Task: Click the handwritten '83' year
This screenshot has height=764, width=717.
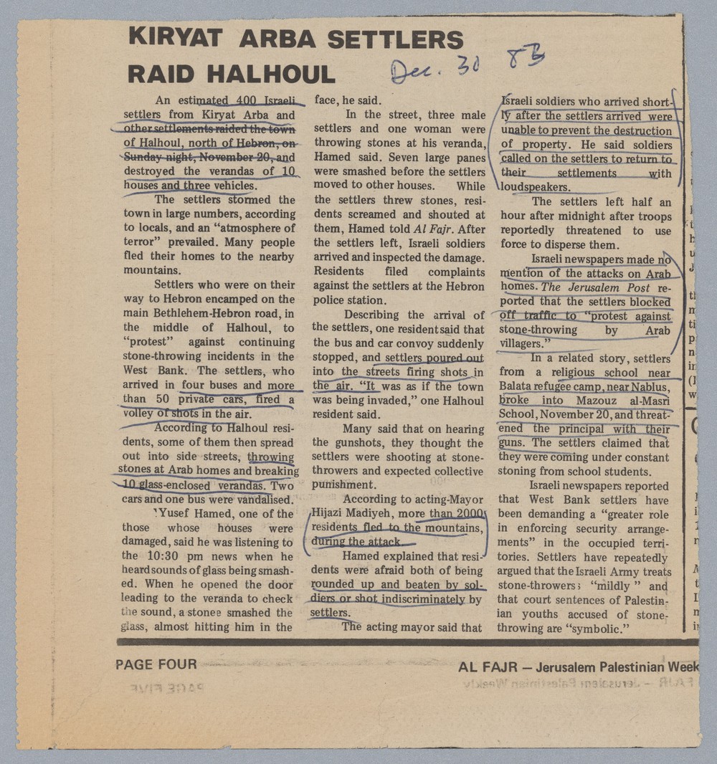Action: [525, 59]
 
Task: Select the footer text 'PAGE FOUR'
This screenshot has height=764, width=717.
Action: [156, 664]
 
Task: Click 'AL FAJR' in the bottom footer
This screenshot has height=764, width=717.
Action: [488, 667]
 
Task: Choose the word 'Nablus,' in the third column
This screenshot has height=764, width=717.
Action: [650, 386]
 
